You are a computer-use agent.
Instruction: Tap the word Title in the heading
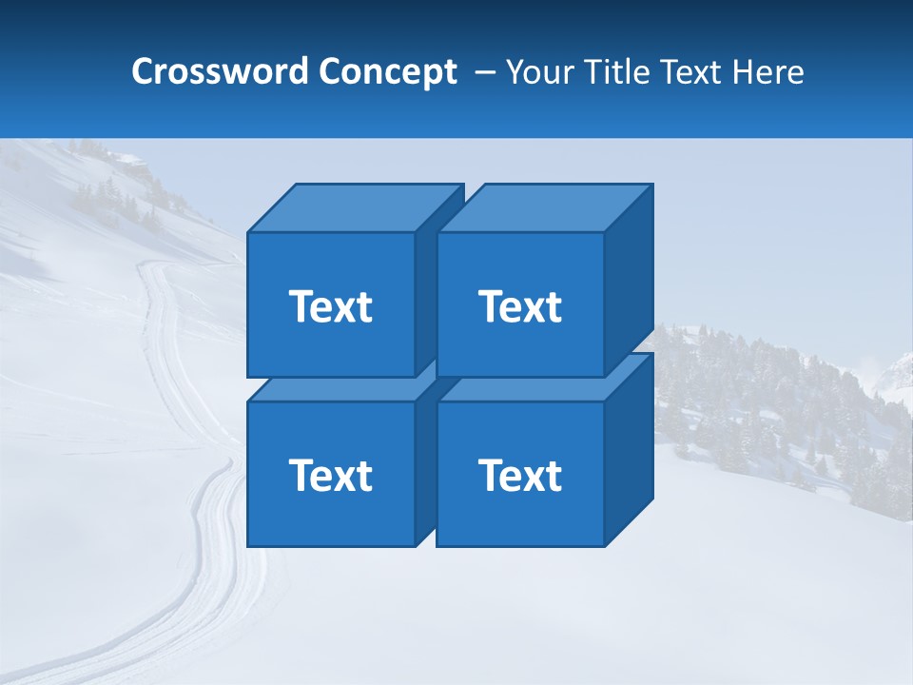coord(616,72)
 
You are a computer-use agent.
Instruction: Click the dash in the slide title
coord(483,72)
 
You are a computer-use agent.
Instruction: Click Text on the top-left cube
coord(331,306)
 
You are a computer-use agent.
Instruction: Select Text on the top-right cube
coord(520,306)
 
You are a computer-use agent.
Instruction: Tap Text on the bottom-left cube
coord(331,475)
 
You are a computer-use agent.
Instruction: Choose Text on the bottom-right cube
coord(520,475)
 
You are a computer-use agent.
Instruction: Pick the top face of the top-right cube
coord(544,207)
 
